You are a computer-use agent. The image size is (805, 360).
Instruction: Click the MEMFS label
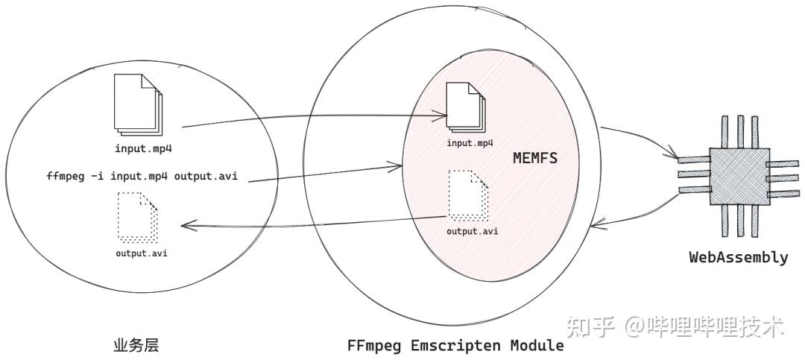pyautogui.click(x=536, y=158)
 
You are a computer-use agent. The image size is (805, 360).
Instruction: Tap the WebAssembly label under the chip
pyautogui.click(x=738, y=258)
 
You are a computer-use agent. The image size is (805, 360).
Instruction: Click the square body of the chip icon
pyautogui.click(x=738, y=176)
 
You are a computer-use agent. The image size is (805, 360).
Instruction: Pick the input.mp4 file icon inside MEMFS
pyautogui.click(x=464, y=109)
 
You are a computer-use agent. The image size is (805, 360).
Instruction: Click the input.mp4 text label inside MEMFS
pyautogui.click(x=470, y=142)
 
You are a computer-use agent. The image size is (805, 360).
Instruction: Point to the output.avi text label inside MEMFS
pyautogui.click(x=473, y=230)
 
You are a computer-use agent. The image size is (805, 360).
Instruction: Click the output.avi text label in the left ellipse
pyautogui.click(x=141, y=253)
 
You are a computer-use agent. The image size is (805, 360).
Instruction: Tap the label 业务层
pyautogui.click(x=136, y=345)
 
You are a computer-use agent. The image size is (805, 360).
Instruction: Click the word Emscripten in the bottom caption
pyautogui.click(x=453, y=346)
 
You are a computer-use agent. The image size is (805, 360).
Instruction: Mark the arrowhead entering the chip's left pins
pyautogui.click(x=675, y=158)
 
